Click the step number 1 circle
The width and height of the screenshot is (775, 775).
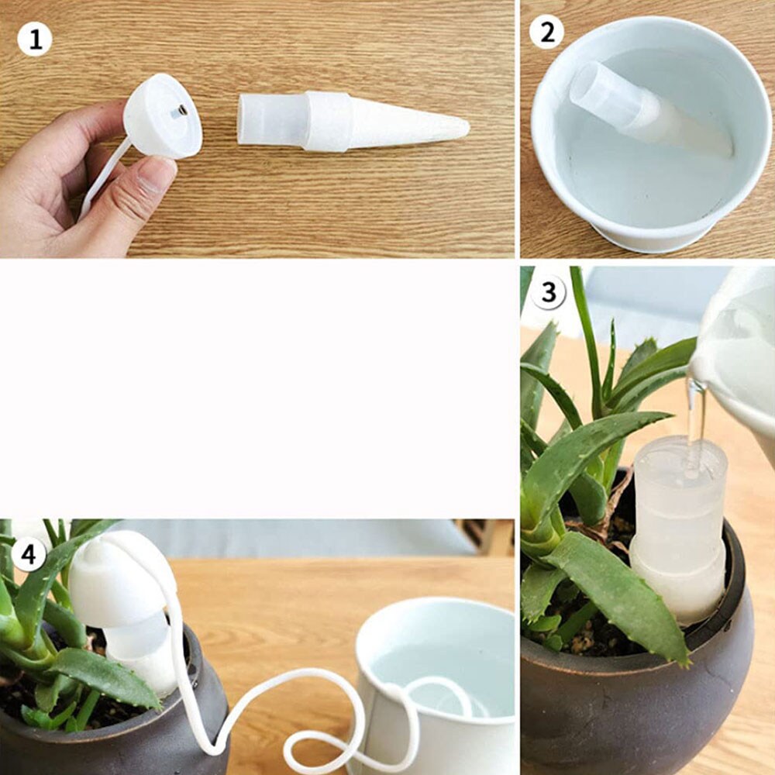pyautogui.click(x=35, y=39)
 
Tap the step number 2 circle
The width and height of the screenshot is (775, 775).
pyautogui.click(x=546, y=33)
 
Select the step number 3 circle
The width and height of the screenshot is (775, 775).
pyautogui.click(x=548, y=292)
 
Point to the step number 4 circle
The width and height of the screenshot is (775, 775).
pyautogui.click(x=29, y=554)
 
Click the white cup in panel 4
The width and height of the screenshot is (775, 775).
pyautogui.click(x=435, y=687)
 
